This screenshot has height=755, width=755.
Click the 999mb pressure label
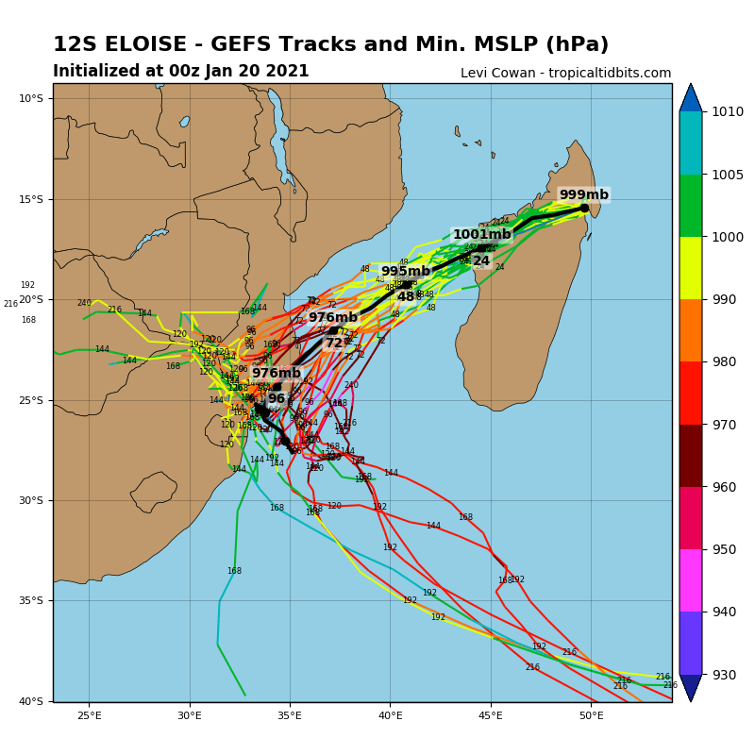point(583,195)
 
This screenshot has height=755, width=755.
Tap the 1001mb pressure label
point(481,235)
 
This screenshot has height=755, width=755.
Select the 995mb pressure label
point(405,272)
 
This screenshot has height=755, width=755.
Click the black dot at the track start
point(584,208)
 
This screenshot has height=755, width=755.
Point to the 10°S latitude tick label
point(31,99)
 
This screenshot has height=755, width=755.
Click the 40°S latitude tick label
point(31,701)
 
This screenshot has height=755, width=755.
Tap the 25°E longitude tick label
point(90,715)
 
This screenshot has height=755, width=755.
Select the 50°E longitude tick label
point(592,715)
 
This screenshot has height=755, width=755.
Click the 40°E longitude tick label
point(391,715)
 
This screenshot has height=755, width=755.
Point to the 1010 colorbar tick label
point(728,111)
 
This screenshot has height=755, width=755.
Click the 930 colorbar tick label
point(724,675)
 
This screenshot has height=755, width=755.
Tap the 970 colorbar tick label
point(724,425)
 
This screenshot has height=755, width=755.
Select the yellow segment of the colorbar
point(691,268)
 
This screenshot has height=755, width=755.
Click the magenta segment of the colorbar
point(691,580)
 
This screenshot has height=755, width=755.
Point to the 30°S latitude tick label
point(31,501)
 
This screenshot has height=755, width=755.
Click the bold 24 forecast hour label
point(481,261)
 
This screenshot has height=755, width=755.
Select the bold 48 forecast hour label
point(406,297)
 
